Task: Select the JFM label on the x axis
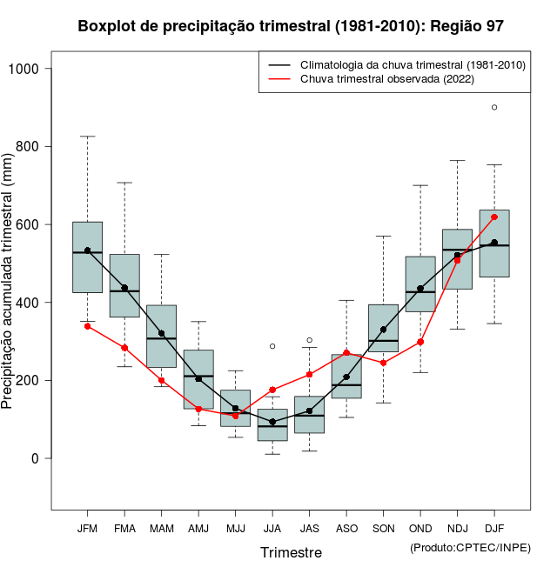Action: pos(87,528)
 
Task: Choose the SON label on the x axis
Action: pos(383,528)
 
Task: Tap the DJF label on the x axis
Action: pos(494,528)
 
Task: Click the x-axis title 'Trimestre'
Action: pos(291,552)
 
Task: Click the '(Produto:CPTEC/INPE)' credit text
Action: pos(470,547)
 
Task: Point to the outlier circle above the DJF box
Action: pos(494,108)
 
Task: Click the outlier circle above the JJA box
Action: pos(272,346)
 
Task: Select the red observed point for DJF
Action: pos(494,217)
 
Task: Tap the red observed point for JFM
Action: pos(87,326)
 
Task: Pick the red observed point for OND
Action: pos(420,342)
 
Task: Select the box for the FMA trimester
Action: pos(124,285)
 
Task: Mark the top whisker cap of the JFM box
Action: pos(87,137)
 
